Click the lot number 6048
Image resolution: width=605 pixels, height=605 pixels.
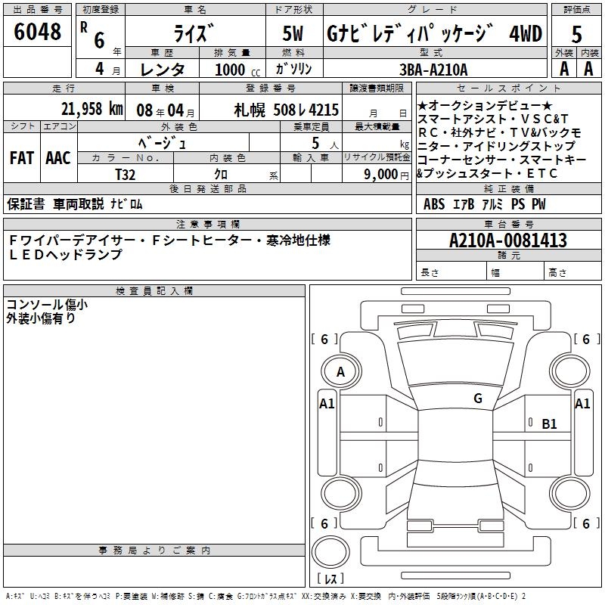[38, 33]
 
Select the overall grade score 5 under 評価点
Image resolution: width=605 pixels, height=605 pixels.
[576, 36]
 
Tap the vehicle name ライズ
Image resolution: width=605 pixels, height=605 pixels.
[195, 34]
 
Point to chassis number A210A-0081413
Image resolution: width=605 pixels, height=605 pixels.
[507, 240]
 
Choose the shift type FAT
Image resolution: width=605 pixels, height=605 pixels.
[21, 158]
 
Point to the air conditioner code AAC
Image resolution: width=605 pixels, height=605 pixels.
[57, 158]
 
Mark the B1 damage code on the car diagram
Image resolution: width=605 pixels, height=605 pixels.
[549, 424]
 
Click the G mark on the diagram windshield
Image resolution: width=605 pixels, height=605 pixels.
[477, 398]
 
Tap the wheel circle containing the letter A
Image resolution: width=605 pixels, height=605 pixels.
[340, 372]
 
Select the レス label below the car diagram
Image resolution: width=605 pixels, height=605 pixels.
[330, 579]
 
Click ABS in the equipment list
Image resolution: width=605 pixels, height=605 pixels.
[434, 204]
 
